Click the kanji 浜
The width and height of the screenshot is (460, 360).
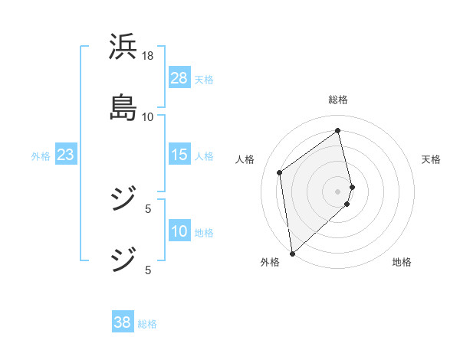click(x=123, y=47)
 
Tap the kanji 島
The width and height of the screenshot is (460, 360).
click(x=123, y=107)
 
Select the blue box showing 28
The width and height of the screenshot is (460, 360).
click(x=179, y=78)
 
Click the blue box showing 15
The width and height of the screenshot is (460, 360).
click(x=179, y=155)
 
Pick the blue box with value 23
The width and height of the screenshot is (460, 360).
click(x=65, y=155)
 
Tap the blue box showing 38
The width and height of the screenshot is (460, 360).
click(x=123, y=322)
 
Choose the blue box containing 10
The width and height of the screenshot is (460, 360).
click(x=179, y=232)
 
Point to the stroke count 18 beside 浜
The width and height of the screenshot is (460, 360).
click(x=148, y=56)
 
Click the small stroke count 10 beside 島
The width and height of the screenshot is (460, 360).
click(x=148, y=116)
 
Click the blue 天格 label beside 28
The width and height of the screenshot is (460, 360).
click(x=204, y=79)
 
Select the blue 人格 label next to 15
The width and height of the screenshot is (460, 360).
click(x=204, y=156)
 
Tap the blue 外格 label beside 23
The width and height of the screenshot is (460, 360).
click(x=41, y=156)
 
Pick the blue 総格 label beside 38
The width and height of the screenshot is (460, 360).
click(x=147, y=323)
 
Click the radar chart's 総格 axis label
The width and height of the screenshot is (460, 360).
click(x=338, y=100)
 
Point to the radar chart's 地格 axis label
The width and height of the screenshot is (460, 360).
click(x=402, y=263)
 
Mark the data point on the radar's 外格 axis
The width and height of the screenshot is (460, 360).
click(x=291, y=253)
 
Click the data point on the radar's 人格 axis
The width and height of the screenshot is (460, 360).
click(x=280, y=172)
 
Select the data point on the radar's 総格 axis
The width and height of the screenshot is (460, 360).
click(x=338, y=130)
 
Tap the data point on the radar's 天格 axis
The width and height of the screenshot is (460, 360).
click(x=353, y=186)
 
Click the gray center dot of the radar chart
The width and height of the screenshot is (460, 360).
click(x=338, y=191)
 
